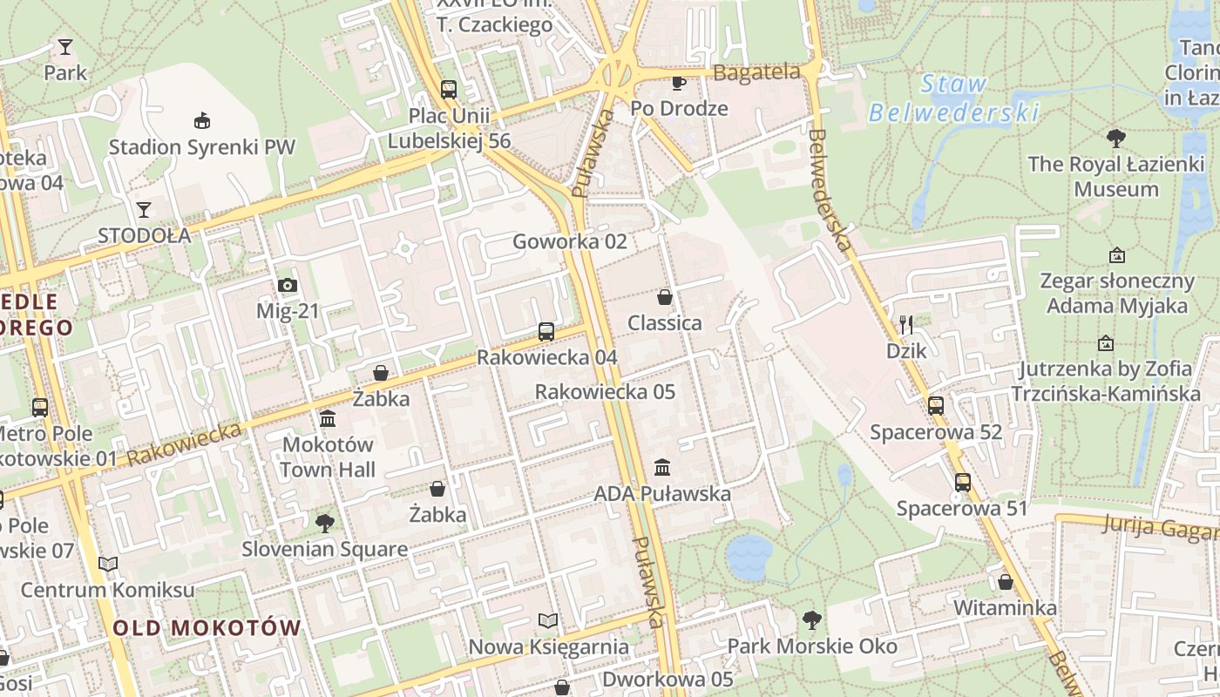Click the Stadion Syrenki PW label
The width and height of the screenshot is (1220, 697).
201,147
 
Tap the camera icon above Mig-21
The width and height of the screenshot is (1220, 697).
288,285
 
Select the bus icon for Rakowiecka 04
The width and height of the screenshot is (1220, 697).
546,331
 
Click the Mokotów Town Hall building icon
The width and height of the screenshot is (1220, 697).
328,419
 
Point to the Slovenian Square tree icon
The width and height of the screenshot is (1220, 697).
325,523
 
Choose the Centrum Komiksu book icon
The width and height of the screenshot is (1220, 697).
108,565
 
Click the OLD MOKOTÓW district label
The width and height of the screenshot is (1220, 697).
207,627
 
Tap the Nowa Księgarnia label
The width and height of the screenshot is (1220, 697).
548,646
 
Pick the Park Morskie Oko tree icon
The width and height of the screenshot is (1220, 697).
812,620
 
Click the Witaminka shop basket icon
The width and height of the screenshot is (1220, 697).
1006,582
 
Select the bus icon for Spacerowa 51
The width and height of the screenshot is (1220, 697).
963,482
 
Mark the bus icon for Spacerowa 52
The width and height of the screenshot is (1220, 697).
936,405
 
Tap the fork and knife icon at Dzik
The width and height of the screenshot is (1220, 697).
906,325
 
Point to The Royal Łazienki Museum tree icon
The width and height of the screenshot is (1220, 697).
1115,138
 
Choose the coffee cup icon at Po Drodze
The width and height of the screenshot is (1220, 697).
679,83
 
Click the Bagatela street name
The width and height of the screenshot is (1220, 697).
756,72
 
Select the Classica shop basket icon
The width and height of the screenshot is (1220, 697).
665,297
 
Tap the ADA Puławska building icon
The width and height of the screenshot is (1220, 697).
662,468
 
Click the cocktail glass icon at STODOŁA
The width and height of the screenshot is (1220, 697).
144,209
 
